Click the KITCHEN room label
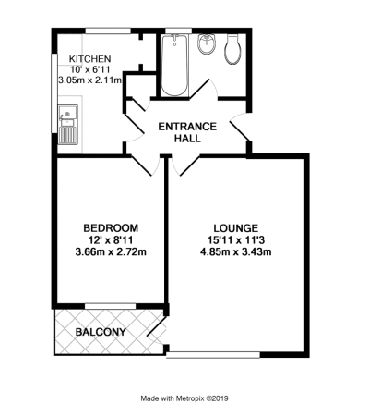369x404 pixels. [89, 58]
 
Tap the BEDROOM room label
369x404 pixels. [111, 228]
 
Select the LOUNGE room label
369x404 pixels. [236, 228]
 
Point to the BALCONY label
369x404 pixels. [101, 332]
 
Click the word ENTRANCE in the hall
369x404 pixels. [187, 127]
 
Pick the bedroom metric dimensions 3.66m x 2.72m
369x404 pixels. [111, 252]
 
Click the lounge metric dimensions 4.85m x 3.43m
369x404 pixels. [236, 252]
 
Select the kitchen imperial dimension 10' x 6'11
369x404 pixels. [89, 69]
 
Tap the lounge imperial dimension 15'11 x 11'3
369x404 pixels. [236, 240]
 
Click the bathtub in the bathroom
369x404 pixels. [174, 65]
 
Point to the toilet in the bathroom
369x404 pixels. [233, 49]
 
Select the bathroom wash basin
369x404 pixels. [207, 43]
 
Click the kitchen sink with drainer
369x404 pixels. [68, 125]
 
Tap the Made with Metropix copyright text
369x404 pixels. [184, 398]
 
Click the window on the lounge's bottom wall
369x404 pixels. [213, 355]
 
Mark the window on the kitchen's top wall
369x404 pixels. [108, 31]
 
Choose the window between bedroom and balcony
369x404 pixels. [111, 306]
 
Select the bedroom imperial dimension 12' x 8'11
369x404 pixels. [111, 240]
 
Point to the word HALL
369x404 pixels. [187, 139]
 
